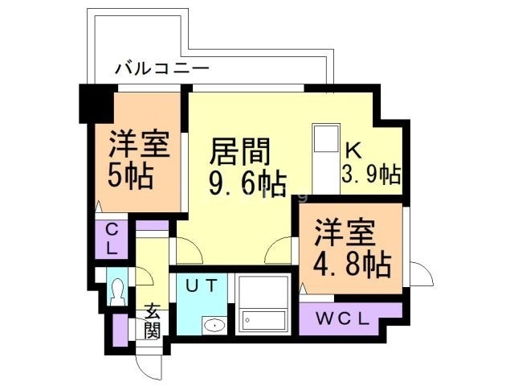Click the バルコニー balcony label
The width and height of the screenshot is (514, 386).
pyautogui.click(x=161, y=68)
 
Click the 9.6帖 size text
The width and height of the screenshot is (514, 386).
pyautogui.click(x=247, y=184)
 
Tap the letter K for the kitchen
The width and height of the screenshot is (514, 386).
pyautogui.click(x=353, y=150)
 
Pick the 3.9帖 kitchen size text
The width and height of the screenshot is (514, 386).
pyautogui.click(x=372, y=173)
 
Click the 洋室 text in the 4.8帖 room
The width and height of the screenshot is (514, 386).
pyautogui.click(x=344, y=232)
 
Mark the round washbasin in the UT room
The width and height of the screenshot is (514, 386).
pyautogui.click(x=214, y=326)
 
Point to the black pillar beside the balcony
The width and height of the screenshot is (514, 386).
pyautogui.click(x=93, y=103)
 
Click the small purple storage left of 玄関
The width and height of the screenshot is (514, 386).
pyautogui.click(x=120, y=329)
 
